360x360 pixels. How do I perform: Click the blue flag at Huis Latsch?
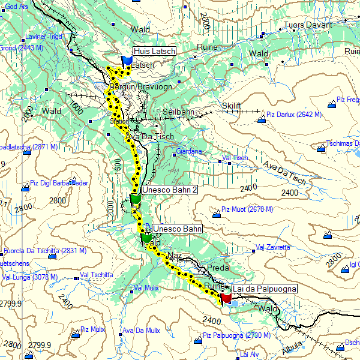pyautogui.click(x=127, y=61)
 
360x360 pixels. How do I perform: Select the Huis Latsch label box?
pyautogui.click(x=154, y=52)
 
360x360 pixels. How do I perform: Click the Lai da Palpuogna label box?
pyautogui.click(x=264, y=289)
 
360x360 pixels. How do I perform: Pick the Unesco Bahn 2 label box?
pyautogui.click(x=170, y=190)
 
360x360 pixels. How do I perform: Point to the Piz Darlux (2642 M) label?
pyautogui.click(x=294, y=114)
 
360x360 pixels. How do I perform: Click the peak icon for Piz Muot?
pyautogui.click(x=217, y=213)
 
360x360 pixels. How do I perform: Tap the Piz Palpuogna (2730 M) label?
pyautogui.click(x=236, y=335)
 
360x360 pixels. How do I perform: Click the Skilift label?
pyautogui.click(x=231, y=106)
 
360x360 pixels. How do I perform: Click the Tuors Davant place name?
pyautogui.click(x=307, y=25)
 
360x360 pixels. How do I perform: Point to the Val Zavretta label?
pyautogui.click(x=273, y=247)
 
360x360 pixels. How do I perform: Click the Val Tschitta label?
pyautogui.click(x=96, y=275)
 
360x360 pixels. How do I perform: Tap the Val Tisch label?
pyautogui.click(x=235, y=158)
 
